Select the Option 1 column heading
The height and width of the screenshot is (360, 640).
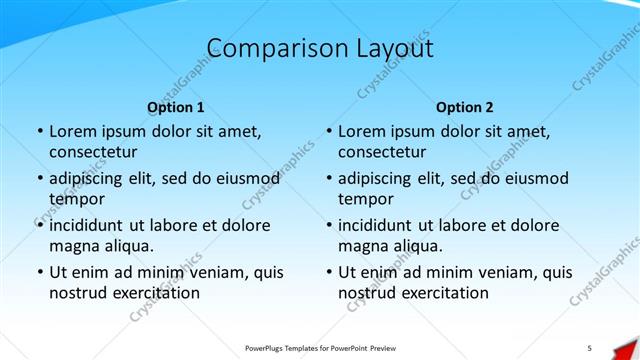[176, 107]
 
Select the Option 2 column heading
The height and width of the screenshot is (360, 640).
[465, 107]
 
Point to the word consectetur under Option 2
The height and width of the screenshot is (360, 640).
[382, 153]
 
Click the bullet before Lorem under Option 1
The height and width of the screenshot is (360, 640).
[38, 132]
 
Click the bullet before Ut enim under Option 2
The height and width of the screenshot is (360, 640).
[327, 272]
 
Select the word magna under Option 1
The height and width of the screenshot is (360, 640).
[71, 246]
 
